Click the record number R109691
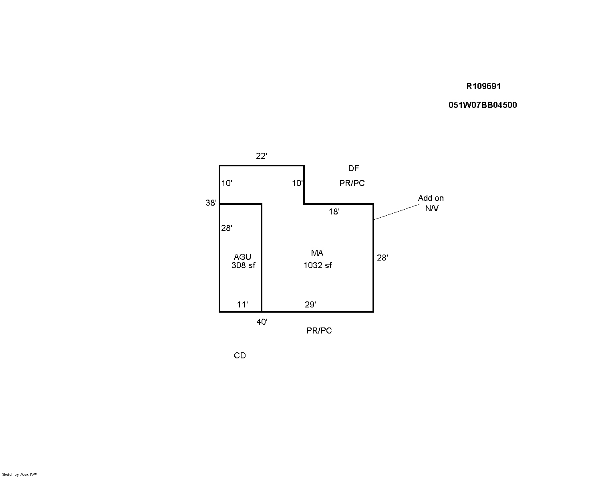483,86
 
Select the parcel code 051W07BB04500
483,105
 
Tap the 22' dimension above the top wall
262,156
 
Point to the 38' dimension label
211,203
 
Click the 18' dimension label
334,212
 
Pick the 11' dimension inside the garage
242,305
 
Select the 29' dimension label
310,305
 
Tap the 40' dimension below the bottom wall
262,322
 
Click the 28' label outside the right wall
383,258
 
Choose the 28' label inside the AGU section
227,228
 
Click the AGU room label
242,257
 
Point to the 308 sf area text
244,265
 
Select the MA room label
317,253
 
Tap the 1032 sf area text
318,265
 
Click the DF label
354,168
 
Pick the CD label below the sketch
240,356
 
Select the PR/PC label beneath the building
319,331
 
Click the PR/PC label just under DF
352,183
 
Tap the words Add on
431,198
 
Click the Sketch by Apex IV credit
20,474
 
